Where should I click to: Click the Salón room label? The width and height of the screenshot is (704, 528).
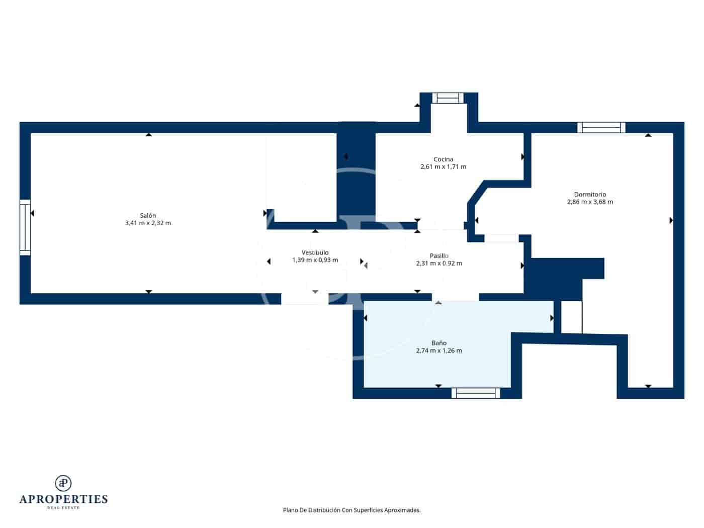[x=148, y=215]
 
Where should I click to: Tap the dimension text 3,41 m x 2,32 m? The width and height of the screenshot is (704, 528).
[x=148, y=223]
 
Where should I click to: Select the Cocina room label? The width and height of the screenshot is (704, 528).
[x=443, y=159]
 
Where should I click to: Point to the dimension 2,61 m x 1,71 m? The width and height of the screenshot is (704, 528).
[x=443, y=167]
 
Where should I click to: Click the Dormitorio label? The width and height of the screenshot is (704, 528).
[x=590, y=195]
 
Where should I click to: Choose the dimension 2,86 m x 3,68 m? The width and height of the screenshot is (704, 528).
[x=590, y=202]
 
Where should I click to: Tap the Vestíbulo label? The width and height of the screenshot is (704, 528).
[x=315, y=252]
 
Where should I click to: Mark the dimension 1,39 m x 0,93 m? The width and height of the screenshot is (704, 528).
[x=315, y=260]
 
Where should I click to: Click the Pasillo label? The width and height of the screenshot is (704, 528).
[x=438, y=256]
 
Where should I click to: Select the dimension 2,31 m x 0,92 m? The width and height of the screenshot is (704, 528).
[x=438, y=263]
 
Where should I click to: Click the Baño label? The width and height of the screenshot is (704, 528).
[x=438, y=343]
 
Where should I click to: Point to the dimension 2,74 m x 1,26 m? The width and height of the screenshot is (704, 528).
[x=438, y=351]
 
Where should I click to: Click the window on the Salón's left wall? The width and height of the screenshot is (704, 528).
[x=25, y=227]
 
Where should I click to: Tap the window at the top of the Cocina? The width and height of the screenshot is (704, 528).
[x=448, y=98]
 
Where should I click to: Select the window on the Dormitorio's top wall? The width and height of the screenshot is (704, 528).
[x=601, y=128]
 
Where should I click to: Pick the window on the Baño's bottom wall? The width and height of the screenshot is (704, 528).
[x=475, y=393]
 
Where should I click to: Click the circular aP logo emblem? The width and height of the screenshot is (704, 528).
[x=63, y=483]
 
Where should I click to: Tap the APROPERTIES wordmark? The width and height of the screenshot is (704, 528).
[x=63, y=499]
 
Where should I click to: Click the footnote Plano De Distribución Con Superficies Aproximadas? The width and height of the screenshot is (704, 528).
[x=351, y=510]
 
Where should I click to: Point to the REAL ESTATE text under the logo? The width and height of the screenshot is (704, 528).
[x=63, y=508]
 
